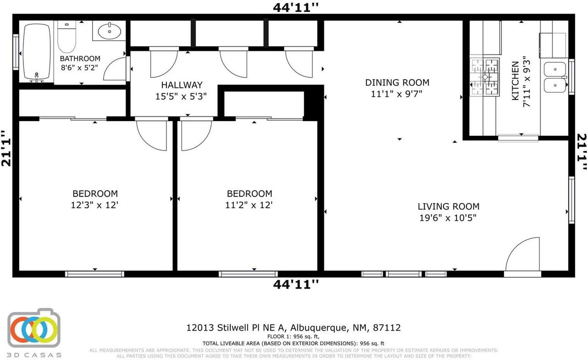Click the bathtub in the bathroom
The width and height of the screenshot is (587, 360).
click(37, 52)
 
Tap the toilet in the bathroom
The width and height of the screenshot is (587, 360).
click(66, 39)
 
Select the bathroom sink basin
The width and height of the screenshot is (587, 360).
click(110, 32)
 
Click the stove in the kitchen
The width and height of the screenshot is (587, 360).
click(484, 77)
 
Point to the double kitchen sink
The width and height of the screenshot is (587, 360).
click(554, 77)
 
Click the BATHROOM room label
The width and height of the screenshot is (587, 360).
click(80, 59)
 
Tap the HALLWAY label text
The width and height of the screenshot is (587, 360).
click(182, 85)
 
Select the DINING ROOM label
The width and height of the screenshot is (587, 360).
click(397, 83)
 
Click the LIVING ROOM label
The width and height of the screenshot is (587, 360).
click(448, 206)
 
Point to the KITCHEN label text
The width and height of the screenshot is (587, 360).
click(515, 81)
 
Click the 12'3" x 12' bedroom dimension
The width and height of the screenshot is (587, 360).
click(95, 205)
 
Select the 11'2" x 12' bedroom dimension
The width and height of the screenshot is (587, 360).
click(249, 205)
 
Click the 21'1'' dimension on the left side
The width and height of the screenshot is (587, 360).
click(6, 149)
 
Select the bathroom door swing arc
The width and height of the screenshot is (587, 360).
click(115, 70)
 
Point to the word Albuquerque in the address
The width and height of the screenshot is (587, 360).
click(318, 327)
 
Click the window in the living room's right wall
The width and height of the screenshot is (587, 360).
click(571, 200)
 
